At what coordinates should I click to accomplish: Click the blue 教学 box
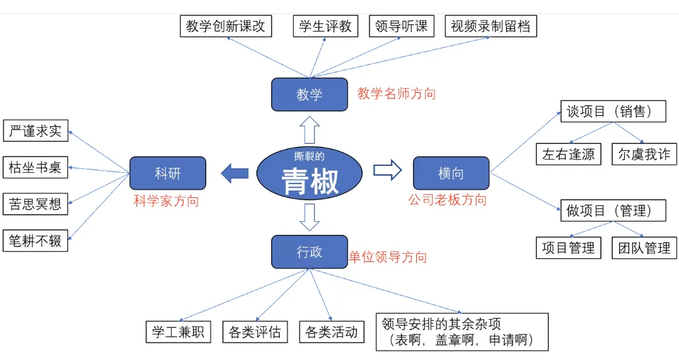pyautogui.click(x=309, y=94)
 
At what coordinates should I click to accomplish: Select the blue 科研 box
pyautogui.click(x=168, y=173)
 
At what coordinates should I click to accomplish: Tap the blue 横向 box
pyautogui.click(x=451, y=173)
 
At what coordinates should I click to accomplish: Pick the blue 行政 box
pyautogui.click(x=309, y=251)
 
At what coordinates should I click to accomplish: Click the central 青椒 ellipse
pyautogui.click(x=309, y=173)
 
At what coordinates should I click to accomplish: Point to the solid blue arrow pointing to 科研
pyautogui.click(x=235, y=173)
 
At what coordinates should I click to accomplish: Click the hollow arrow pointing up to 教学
pyautogui.click(x=309, y=129)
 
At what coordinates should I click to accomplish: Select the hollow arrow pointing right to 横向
pyautogui.click(x=387, y=170)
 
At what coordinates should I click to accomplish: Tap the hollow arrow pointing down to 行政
pyautogui.click(x=309, y=217)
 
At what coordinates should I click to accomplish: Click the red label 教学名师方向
pyautogui.click(x=396, y=94)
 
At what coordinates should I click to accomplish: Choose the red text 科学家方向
pyautogui.click(x=166, y=201)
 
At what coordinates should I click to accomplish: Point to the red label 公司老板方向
pyautogui.click(x=447, y=200)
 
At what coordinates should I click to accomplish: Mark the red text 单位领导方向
pyautogui.click(x=388, y=257)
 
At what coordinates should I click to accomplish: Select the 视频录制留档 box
pyautogui.click(x=490, y=27)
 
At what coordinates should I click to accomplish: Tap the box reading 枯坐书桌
pyautogui.click(x=35, y=168)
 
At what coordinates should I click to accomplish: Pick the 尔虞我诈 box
pyautogui.click(x=644, y=155)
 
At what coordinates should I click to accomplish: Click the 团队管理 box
pyautogui.click(x=644, y=248)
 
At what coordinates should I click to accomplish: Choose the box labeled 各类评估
pyautogui.click(x=255, y=332)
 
